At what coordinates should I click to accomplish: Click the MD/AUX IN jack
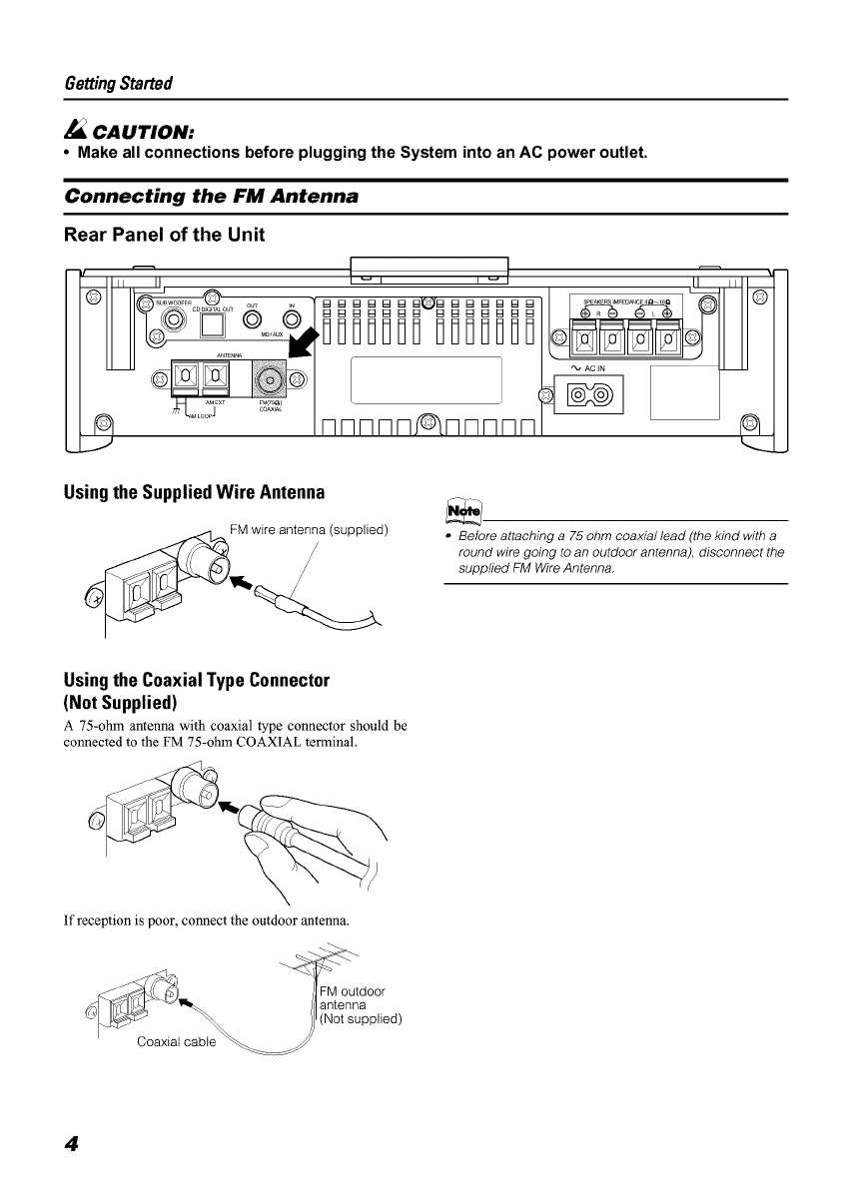[292, 319]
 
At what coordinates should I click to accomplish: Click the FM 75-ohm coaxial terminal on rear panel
[270, 380]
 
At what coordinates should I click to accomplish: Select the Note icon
[466, 510]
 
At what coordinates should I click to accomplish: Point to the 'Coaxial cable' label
[176, 1042]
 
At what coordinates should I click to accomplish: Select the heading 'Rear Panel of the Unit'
[172, 236]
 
